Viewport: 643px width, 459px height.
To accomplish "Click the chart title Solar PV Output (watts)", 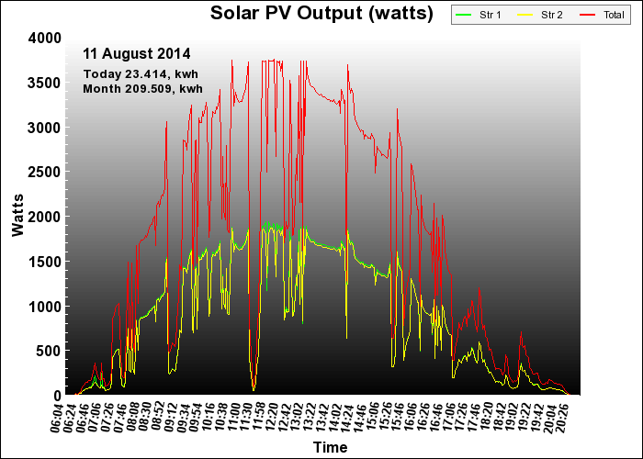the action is tap(321, 13).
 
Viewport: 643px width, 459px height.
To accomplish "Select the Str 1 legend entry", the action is tap(479, 16).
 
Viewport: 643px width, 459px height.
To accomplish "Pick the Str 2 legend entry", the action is tap(540, 16).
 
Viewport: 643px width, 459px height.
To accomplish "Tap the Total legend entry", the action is tap(602, 16).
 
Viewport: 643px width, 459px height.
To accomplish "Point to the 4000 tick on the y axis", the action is tap(45, 39).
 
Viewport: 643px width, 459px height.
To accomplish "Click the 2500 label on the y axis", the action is tap(45, 173).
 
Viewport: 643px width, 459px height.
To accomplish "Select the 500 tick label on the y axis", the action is tap(49, 351).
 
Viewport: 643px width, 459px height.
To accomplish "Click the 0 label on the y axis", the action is tap(57, 396).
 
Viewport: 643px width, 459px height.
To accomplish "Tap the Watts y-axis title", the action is tap(18, 216).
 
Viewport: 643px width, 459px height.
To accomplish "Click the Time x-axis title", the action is tap(330, 447).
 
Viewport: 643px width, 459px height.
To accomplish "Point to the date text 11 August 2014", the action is tap(137, 53).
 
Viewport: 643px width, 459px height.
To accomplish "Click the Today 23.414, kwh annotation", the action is tap(141, 74).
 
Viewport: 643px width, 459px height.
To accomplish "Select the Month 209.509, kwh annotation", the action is tap(142, 88).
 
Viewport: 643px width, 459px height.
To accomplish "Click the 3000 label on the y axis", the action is tap(45, 128).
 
